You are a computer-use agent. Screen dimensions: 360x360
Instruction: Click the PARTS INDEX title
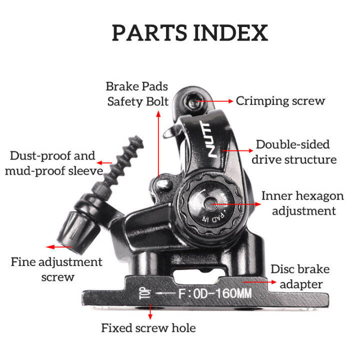coord(189,33)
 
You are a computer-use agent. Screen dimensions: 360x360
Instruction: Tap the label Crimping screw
coord(280,101)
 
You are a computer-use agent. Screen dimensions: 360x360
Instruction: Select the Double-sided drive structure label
coord(293,152)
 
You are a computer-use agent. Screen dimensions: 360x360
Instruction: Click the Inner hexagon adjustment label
coord(302,203)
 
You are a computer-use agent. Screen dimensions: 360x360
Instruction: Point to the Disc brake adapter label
coord(300,276)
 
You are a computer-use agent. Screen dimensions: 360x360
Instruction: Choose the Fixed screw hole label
coord(148,328)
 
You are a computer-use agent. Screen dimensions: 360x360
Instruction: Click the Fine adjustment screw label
coord(56,269)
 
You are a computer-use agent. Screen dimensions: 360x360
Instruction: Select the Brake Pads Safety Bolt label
coord(137,93)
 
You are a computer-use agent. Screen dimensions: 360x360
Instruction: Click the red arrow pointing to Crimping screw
coord(216,101)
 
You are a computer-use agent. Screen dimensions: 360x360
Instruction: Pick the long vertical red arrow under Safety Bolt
coord(158,145)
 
